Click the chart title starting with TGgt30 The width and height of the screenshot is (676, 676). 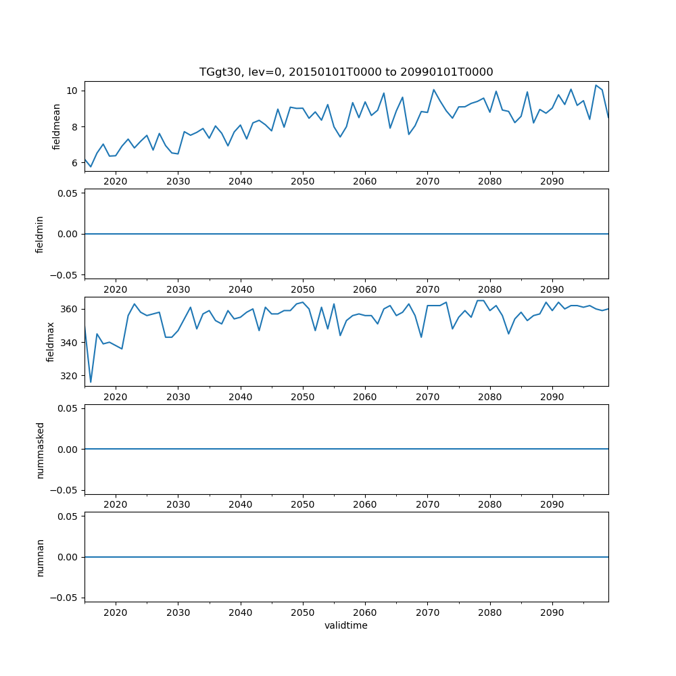pyautogui.click(x=346, y=72)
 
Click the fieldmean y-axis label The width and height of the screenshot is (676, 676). pyautogui.click(x=57, y=126)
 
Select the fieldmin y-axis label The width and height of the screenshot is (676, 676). pyautogui.click(x=40, y=234)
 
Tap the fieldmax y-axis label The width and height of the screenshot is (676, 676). pyautogui.click(x=51, y=341)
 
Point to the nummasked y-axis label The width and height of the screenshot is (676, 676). pyautogui.click(x=40, y=449)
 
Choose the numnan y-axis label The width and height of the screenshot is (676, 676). pyautogui.click(x=40, y=557)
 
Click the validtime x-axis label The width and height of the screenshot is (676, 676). pyautogui.click(x=346, y=625)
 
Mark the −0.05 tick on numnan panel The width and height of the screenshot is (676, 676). pyautogui.click(x=66, y=598)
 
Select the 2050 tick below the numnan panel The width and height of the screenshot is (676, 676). pyautogui.click(x=303, y=612)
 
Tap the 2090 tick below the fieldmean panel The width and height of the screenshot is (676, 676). pyautogui.click(x=552, y=181)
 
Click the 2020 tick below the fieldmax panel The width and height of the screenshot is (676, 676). pyautogui.click(x=116, y=397)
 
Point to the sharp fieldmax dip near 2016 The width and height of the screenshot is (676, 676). pyautogui.click(x=91, y=382)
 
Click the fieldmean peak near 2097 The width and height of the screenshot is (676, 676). pyautogui.click(x=596, y=86)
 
